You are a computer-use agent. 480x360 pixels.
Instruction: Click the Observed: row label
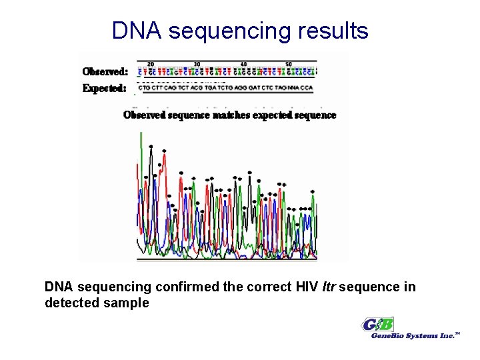pos(105,71)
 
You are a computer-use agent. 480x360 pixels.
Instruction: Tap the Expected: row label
pos(105,88)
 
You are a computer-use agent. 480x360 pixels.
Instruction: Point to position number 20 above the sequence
pos(151,64)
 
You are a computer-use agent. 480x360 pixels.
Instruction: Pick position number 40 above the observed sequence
pos(243,64)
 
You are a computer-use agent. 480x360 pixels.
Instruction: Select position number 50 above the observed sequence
pos(289,64)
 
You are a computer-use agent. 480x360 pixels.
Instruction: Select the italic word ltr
pos(328,287)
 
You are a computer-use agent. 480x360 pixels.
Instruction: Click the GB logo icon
pos(378,325)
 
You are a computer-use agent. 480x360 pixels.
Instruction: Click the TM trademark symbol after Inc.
pos(458,333)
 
